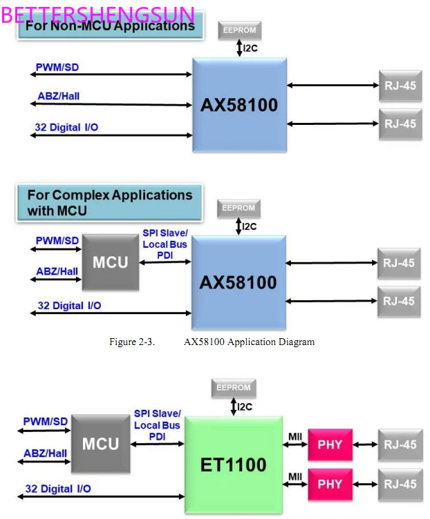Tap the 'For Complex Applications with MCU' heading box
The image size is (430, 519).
click(110, 202)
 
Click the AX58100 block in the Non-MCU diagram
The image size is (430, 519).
click(239, 105)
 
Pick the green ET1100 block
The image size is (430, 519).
click(234, 464)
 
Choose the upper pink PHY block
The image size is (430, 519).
click(330, 444)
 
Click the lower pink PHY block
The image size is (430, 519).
click(330, 484)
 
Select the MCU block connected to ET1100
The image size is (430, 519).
click(101, 444)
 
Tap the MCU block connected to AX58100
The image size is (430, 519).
click(111, 262)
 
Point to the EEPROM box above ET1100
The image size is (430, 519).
click(233, 388)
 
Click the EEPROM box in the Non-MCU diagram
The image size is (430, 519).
click(239, 30)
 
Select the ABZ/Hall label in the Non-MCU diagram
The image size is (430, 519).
click(57, 96)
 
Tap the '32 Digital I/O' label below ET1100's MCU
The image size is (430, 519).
click(57, 489)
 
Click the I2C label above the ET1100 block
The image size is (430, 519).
click(245, 407)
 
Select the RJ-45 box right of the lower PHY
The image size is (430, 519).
click(400, 484)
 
